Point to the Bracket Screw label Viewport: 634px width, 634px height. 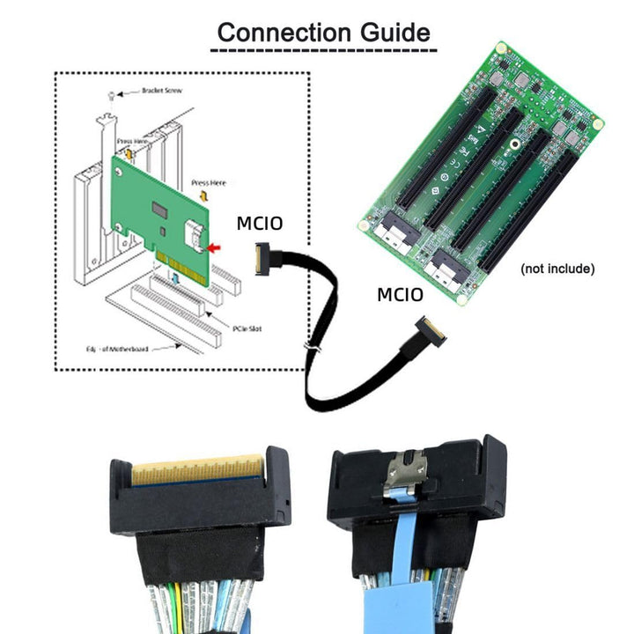click(x=160, y=91)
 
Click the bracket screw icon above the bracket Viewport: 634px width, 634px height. click(x=108, y=94)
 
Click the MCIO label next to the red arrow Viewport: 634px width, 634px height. click(x=260, y=224)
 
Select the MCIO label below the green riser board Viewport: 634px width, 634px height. click(x=401, y=294)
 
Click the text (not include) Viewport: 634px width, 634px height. click(x=557, y=268)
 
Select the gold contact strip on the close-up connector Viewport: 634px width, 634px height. click(x=197, y=469)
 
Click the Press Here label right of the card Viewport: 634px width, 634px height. click(x=209, y=182)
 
